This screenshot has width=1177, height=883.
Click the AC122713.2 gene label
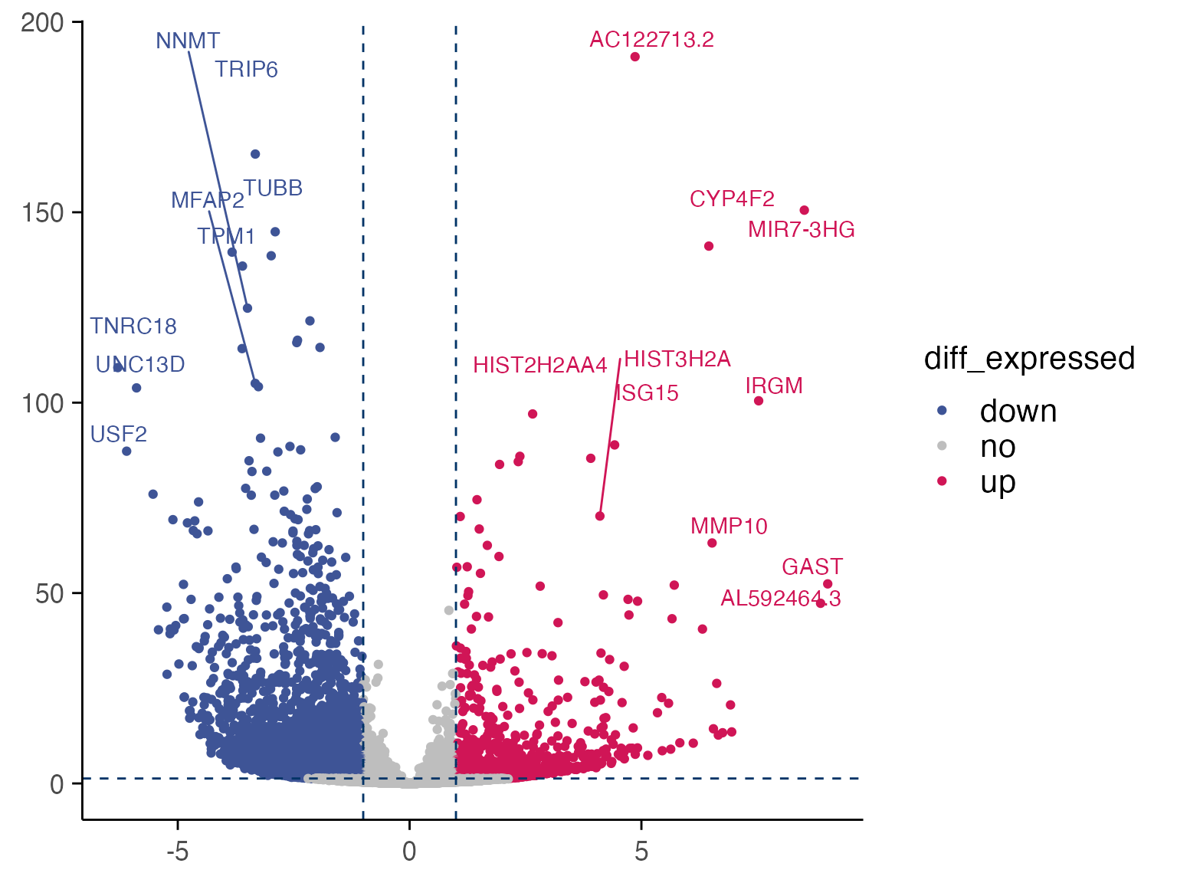click(651, 39)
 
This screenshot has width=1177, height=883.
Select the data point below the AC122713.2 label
click(635, 57)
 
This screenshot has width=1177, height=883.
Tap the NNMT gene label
click(188, 41)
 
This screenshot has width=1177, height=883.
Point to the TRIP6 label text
click(246, 69)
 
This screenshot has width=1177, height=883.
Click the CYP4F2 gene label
click(732, 199)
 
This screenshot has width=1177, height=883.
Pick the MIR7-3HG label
click(801, 229)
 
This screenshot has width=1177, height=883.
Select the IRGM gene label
click(774, 386)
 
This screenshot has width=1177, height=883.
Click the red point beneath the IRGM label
click(759, 401)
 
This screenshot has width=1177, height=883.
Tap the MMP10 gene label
click(729, 526)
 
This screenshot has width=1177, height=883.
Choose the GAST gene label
click(812, 566)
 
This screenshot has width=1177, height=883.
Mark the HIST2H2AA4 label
click(539, 365)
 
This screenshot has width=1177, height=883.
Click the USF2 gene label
click(119, 434)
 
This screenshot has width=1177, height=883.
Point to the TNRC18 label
click(133, 326)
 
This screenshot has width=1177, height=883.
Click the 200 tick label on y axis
click(42, 23)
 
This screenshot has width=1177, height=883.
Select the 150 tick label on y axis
click(42, 212)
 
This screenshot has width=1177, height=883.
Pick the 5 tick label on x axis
click(641, 851)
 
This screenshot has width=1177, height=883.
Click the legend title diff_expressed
click(1029, 358)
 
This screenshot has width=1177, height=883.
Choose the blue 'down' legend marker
click(943, 411)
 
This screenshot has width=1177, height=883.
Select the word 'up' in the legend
click(998, 481)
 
